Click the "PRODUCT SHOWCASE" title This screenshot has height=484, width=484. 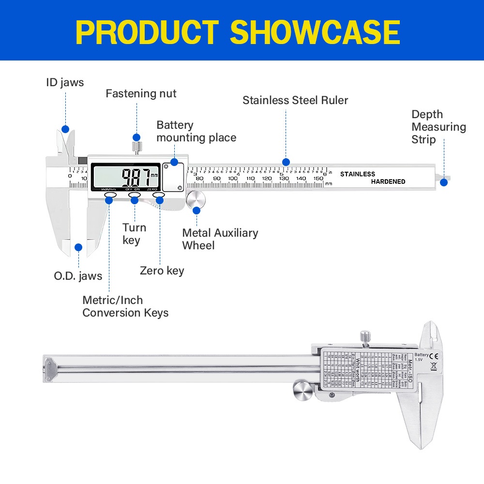[x=238, y=32]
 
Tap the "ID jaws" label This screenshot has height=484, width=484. [x=65, y=83]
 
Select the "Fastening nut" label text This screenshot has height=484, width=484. [x=141, y=93]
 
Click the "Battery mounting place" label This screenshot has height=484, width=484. [x=196, y=132]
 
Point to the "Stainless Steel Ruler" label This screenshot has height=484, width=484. [x=295, y=100]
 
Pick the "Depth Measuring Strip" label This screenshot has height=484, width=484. [x=439, y=127]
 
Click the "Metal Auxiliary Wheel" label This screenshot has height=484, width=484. [x=220, y=239]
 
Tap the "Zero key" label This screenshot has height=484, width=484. [x=162, y=271]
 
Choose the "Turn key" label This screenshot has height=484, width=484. [x=134, y=234]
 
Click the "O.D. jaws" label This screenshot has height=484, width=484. [x=78, y=276]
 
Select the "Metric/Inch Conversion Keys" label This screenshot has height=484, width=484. [x=125, y=306]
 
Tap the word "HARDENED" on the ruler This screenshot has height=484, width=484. [x=388, y=181]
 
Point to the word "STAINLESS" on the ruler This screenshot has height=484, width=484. [x=357, y=174]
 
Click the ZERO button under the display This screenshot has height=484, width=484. [x=159, y=195]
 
